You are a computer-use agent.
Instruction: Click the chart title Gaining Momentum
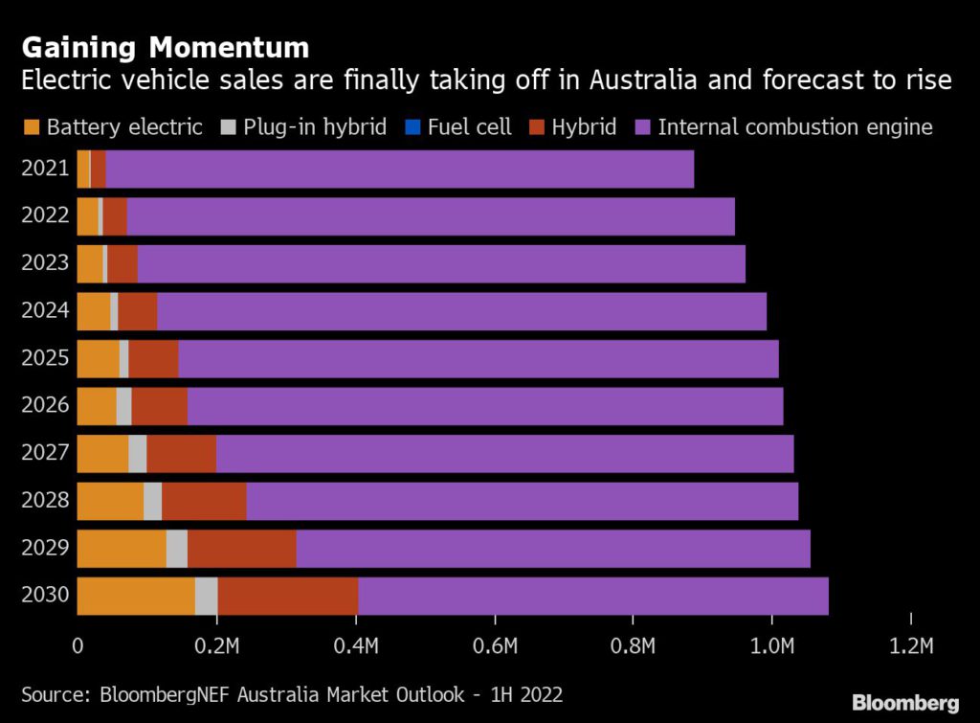(x=166, y=47)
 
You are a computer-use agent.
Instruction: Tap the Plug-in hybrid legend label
(x=315, y=126)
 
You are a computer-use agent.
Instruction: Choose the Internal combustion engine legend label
(x=794, y=126)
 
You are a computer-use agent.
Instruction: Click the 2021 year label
(x=45, y=169)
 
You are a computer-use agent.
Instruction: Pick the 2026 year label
(x=45, y=406)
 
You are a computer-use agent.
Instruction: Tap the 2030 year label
(x=45, y=596)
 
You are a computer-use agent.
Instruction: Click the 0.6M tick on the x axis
(x=495, y=646)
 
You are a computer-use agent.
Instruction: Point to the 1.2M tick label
(x=911, y=646)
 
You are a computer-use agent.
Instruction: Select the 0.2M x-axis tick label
(x=217, y=646)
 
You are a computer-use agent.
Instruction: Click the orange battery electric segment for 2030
(x=135, y=596)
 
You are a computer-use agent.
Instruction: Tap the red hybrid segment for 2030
(x=287, y=596)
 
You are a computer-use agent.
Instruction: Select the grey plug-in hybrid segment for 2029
(x=176, y=548)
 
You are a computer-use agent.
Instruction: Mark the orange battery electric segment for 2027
(x=101, y=453)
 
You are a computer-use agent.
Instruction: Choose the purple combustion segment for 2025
(x=479, y=358)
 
